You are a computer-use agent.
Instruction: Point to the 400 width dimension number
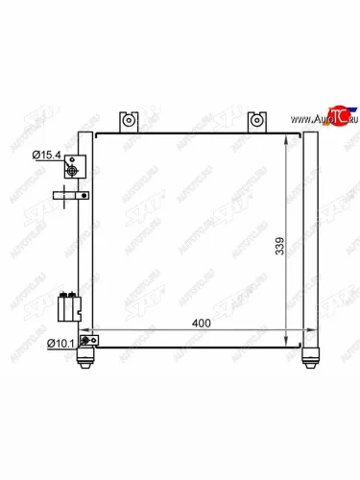coord(200,324)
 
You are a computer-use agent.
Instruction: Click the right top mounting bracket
coord(256,122)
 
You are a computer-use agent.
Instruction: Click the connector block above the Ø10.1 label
coord(68,307)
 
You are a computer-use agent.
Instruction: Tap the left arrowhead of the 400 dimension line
coord(97,332)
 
